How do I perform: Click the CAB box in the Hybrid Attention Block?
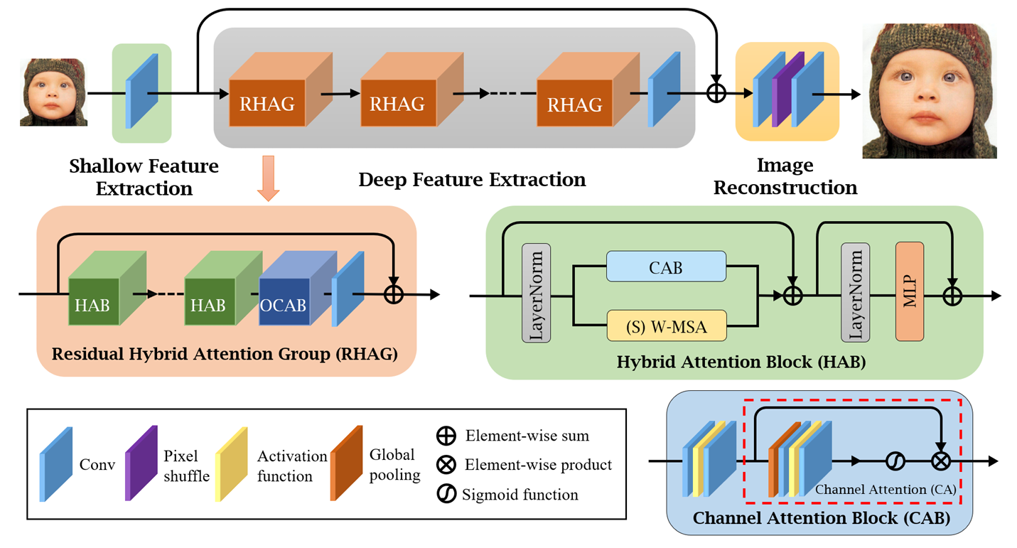click(x=666, y=267)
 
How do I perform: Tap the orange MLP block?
click(x=909, y=291)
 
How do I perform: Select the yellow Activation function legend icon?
click(x=230, y=463)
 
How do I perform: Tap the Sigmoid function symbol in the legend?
click(x=446, y=494)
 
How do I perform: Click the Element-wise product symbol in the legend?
click(x=446, y=465)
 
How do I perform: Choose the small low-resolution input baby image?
click(x=53, y=92)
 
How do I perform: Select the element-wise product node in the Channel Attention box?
click(x=940, y=461)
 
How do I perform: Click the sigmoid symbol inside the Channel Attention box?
click(x=895, y=461)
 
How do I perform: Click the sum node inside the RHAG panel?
click(x=393, y=294)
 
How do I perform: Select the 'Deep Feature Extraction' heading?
click(x=472, y=179)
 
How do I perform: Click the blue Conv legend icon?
click(x=55, y=463)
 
